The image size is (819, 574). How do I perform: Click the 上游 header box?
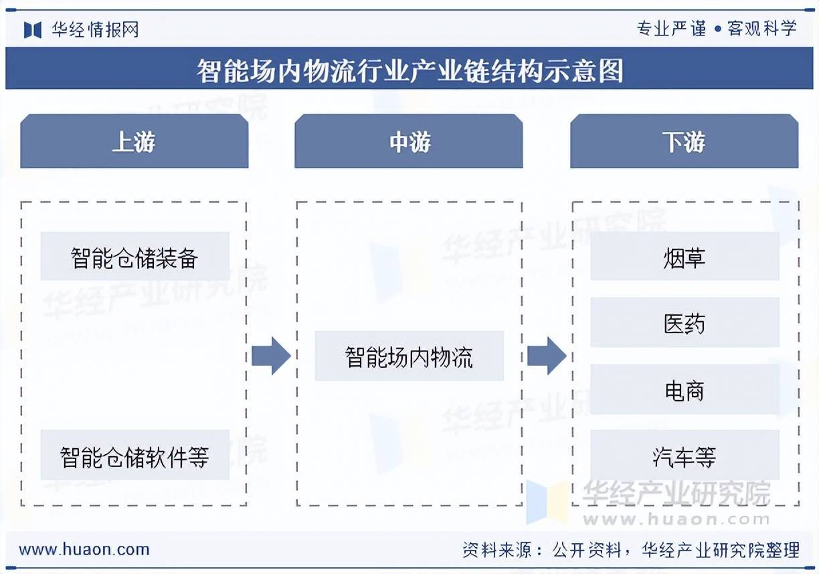[134, 141]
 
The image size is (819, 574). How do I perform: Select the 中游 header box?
[409, 141]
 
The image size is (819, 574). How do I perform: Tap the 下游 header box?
[684, 141]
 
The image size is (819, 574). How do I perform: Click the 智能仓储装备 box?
[134, 257]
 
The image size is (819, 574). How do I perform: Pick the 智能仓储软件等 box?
[134, 456]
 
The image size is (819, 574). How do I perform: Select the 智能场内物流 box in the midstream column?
[409, 356]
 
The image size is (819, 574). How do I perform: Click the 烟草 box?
[685, 257]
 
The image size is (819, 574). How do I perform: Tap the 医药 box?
[685, 323]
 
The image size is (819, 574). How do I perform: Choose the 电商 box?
[685, 390]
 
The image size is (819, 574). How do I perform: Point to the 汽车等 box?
[685, 456]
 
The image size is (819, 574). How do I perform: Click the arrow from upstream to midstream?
[271, 356]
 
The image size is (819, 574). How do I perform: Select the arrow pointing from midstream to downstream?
[547, 356]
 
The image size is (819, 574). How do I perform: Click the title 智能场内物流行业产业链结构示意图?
[409, 70]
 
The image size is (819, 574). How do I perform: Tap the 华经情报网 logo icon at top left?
[33, 29]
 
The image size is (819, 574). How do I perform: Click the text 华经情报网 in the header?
[95, 29]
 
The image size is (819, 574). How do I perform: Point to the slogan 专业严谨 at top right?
[671, 29]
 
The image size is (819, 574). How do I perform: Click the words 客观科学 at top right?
[762, 29]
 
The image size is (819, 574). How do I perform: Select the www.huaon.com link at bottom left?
[84, 550]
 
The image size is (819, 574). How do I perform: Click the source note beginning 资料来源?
[631, 550]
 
